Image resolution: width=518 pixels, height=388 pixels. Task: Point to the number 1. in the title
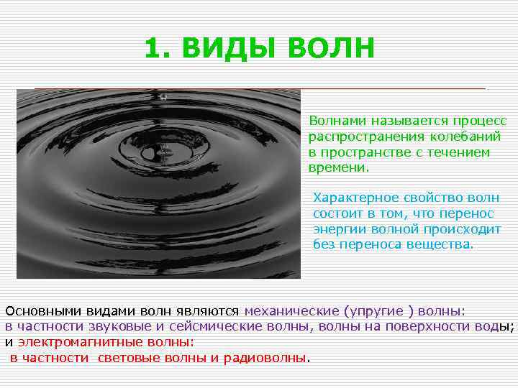pyautogui.click(x=158, y=48)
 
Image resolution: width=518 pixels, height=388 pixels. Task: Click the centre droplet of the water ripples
pyautogui.click(x=163, y=152)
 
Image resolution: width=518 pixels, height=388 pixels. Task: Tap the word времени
pyautogui.click(x=337, y=167)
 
